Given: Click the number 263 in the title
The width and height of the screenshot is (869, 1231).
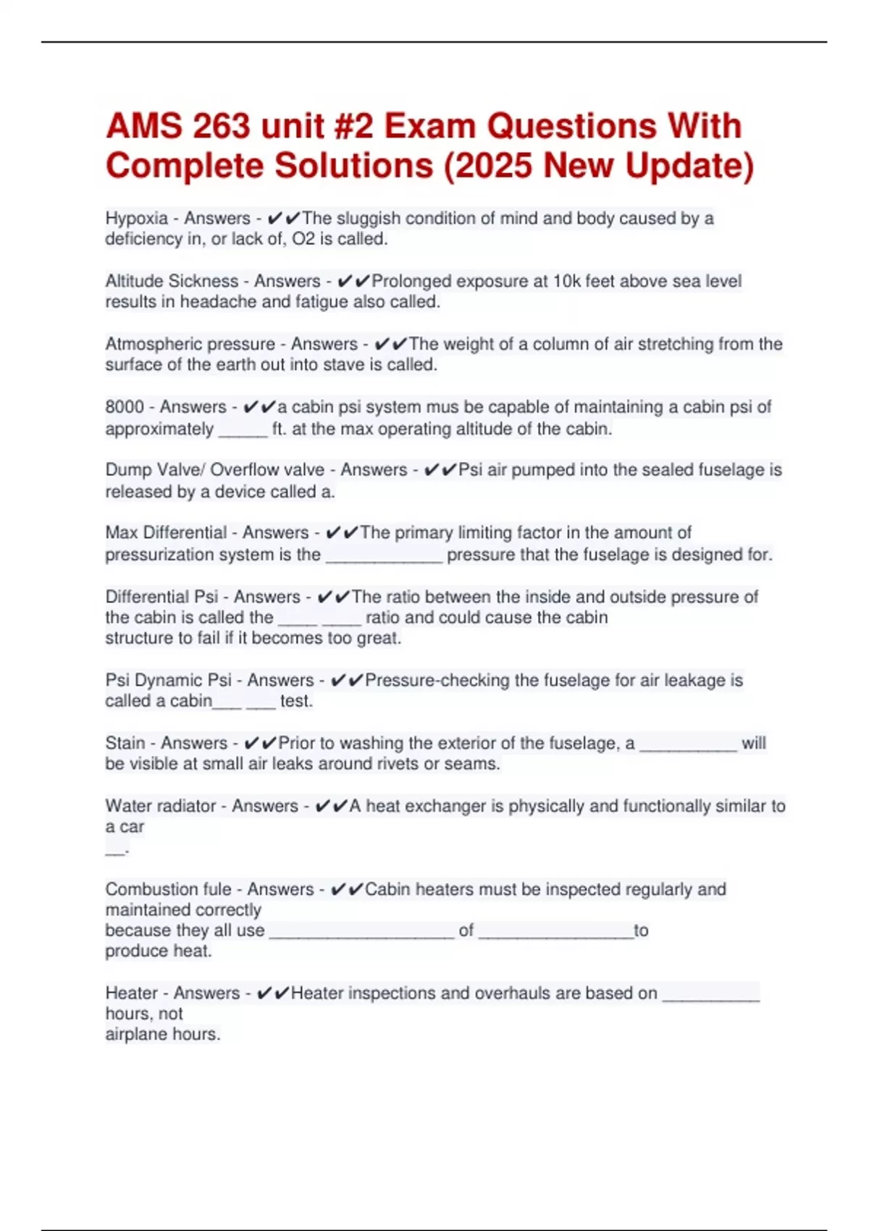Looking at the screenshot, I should (x=222, y=127).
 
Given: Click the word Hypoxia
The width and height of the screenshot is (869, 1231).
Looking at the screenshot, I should (x=137, y=218).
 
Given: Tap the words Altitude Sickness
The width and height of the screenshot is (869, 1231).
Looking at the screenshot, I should (x=172, y=281).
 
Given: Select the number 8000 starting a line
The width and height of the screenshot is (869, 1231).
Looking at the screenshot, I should (x=125, y=407).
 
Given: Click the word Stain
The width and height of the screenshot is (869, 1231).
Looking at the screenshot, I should (x=125, y=743).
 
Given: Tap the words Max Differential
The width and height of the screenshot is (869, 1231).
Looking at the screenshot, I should (x=167, y=533).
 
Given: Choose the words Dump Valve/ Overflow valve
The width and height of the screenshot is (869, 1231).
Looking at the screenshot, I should (x=215, y=470).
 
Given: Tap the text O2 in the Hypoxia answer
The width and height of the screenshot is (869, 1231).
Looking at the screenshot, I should (x=303, y=239).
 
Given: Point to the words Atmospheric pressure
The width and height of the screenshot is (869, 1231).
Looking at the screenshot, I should (x=190, y=344).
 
